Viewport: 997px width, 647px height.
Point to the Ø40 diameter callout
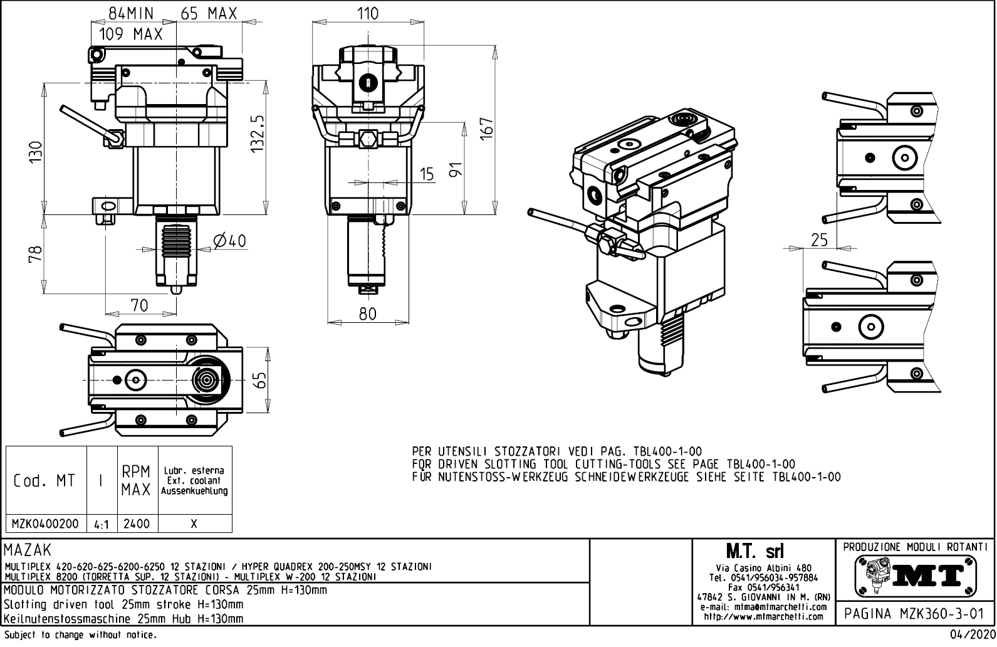point(229,241)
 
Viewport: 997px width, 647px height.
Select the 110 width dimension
point(368,13)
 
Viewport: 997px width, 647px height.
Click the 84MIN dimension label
point(131,13)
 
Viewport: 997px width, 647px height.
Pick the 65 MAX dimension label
point(209,13)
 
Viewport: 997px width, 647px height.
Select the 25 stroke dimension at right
point(819,239)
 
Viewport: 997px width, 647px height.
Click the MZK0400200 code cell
point(46,523)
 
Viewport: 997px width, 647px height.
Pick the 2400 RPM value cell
point(136,523)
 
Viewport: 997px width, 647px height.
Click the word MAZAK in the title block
point(28,551)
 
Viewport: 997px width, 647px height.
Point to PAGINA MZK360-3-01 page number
point(914,614)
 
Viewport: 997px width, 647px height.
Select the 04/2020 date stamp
point(972,636)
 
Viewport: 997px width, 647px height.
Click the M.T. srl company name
point(754,552)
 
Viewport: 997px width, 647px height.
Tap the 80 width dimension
point(368,313)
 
